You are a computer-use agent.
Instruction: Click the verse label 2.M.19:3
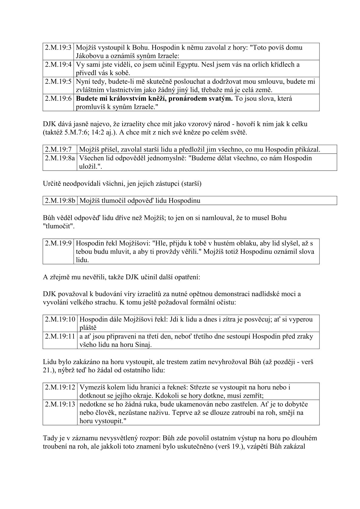point(58,48)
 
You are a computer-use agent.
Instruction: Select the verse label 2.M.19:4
point(58,65)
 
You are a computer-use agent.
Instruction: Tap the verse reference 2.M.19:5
point(58,82)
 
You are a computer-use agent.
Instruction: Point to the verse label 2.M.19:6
point(58,99)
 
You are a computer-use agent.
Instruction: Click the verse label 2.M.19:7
point(58,149)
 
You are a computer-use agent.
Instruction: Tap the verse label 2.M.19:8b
point(60,201)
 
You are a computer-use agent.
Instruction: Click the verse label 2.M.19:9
point(58,243)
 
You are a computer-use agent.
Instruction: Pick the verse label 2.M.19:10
point(60,320)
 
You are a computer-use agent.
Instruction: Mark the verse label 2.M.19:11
point(60,337)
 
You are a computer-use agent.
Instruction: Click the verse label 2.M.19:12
point(60,387)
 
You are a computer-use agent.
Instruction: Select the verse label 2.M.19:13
point(60,404)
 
